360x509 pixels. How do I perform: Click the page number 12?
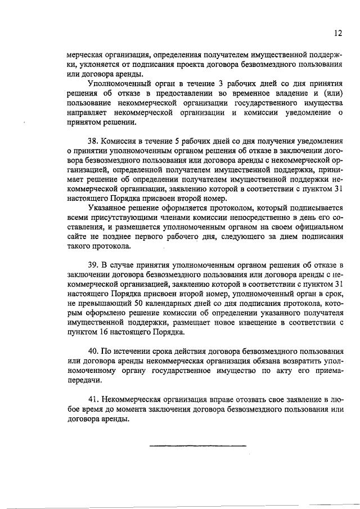(337, 33)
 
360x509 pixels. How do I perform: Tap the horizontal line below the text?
(198, 446)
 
